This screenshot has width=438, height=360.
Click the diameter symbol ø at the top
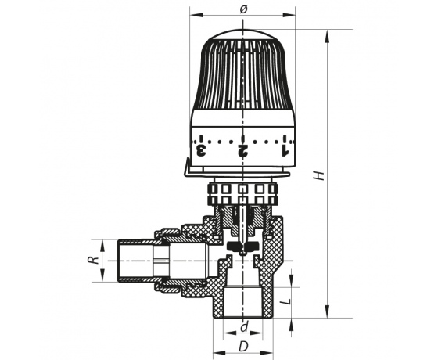(243, 9)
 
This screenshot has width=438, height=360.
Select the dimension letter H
(319, 175)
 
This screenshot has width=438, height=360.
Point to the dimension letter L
(285, 302)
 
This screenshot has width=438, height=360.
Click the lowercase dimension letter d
(244, 327)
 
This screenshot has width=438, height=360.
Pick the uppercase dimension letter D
(243, 347)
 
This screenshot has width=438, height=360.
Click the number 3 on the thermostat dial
(201, 150)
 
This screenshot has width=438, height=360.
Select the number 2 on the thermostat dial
(242, 150)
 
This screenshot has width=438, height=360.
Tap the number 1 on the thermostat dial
(285, 150)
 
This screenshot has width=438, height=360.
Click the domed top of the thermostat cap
(243, 34)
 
